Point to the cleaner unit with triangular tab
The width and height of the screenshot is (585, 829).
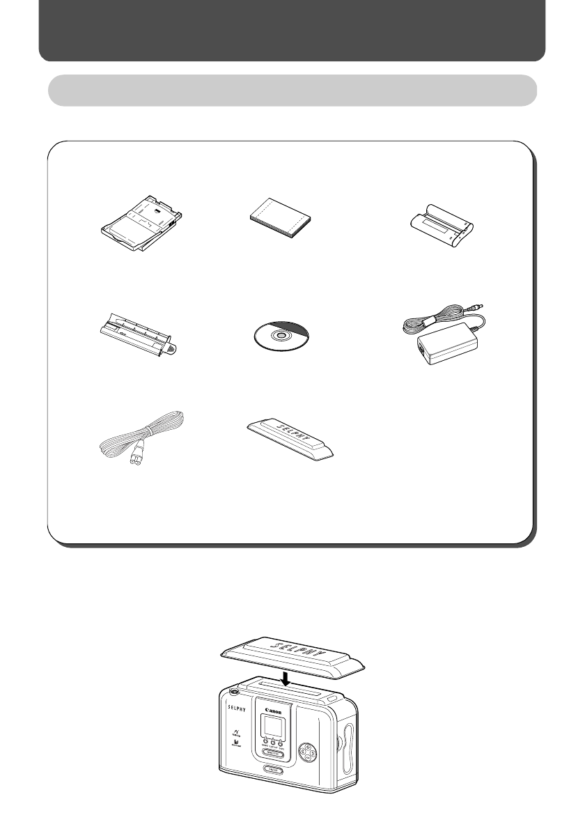click(136, 336)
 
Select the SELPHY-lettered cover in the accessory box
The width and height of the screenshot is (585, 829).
click(293, 440)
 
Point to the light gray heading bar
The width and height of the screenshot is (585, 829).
click(292, 91)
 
